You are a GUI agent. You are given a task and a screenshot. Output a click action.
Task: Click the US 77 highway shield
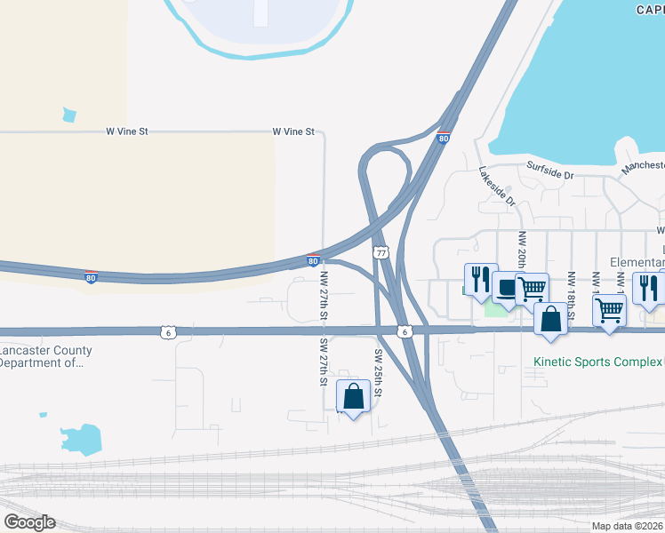coord(381,253)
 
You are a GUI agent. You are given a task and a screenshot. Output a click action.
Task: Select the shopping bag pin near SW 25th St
coord(354,397)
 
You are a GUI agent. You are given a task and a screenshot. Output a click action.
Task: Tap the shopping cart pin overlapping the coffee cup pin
coord(532,288)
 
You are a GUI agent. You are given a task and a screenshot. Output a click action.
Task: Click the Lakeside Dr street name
coord(497,187)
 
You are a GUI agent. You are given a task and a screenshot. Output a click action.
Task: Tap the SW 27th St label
coord(324,361)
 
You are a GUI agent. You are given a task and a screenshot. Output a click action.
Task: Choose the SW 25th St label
coord(378,371)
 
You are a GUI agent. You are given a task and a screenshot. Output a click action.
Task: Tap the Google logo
coord(30,522)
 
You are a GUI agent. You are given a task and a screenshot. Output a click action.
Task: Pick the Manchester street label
coord(643,166)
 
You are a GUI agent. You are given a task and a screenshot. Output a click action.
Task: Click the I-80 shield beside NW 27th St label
coord(313,260)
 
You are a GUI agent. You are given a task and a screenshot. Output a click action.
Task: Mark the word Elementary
coord(637,262)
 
